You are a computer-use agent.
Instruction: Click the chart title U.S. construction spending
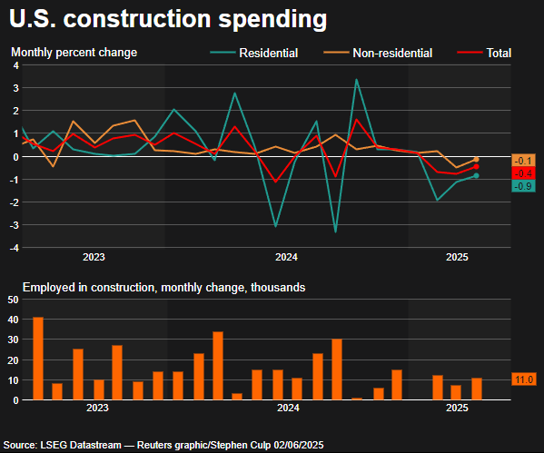165,18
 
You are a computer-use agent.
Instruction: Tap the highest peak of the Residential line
356,80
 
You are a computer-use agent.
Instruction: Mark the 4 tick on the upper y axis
15,88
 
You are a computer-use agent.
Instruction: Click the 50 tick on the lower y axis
13,299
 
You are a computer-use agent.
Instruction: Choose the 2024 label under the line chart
286,258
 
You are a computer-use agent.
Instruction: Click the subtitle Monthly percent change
74,53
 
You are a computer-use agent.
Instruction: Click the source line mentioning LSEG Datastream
163,445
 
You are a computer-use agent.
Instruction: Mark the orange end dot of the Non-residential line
476,159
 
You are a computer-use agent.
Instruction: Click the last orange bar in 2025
477,389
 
